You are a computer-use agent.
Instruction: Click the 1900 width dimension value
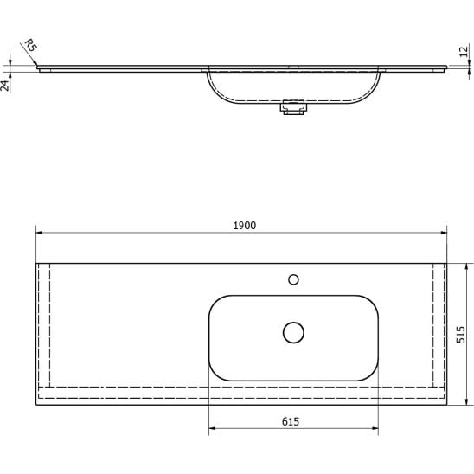pos(245,226)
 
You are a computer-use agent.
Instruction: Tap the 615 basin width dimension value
pos(291,421)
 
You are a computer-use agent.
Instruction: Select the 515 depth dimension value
pos(461,335)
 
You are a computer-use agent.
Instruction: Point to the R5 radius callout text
pos(30,45)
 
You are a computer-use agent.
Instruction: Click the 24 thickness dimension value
pos(5,86)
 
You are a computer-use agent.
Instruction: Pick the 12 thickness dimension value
pos(464,51)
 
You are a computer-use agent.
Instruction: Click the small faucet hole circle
pos(293,279)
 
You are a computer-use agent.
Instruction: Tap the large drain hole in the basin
pos(293,332)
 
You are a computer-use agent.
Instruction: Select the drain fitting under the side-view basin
pos(293,107)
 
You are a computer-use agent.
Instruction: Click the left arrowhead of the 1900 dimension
pos(39,233)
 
